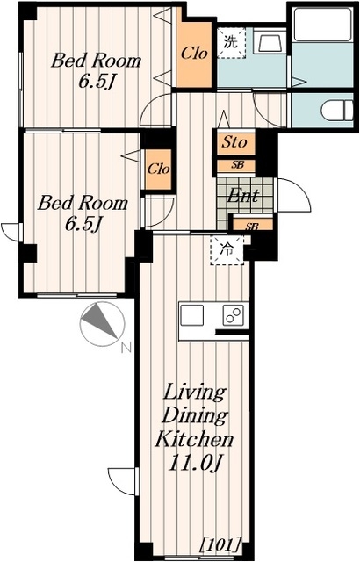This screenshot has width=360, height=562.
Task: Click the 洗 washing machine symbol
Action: [232, 43]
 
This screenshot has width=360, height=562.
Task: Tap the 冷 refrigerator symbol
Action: [227, 249]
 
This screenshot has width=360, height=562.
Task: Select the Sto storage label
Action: [234, 142]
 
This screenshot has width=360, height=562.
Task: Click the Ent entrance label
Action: [243, 196]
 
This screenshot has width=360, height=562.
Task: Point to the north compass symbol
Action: [102, 324]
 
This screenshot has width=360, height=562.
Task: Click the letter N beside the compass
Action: [126, 348]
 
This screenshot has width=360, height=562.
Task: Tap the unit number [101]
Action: [221, 544]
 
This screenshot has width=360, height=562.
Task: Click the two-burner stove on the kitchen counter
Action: [234, 315]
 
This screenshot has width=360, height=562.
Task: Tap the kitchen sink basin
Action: [192, 315]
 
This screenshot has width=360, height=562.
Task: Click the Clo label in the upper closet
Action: [194, 54]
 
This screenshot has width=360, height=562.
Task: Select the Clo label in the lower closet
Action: [158, 169]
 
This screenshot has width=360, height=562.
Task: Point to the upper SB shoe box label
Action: [237, 165]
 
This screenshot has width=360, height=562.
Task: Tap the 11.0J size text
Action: [193, 465]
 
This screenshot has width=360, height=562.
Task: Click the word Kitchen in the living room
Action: [195, 439]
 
